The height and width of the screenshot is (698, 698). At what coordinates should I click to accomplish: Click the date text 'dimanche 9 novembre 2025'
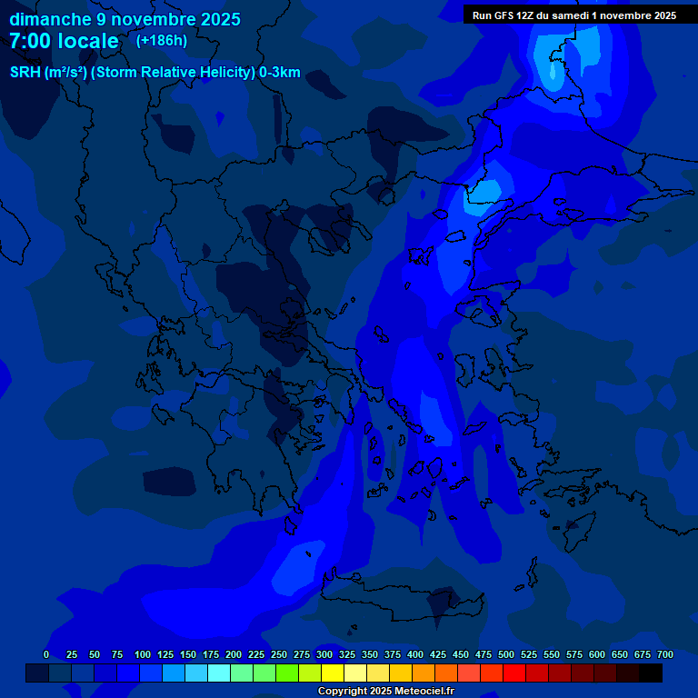pos(125,19)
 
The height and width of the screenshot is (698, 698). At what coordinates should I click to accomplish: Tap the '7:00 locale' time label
pos(64,41)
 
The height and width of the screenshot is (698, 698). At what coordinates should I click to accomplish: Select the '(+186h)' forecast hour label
pos(162,41)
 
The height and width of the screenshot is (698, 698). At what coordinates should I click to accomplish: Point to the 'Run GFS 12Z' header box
pos(574,15)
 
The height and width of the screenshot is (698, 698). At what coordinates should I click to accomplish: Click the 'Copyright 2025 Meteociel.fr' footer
pos(385,692)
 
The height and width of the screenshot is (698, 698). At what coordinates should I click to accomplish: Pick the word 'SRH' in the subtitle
pos(25,73)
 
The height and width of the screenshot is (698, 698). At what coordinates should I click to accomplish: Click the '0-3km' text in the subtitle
pos(279,73)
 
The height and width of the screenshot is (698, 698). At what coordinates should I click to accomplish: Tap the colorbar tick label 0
pos(46,654)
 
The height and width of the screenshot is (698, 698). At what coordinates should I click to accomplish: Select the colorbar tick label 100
pos(143,654)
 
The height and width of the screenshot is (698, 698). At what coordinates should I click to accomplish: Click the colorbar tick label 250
pos(279,654)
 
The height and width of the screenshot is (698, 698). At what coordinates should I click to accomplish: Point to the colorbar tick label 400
pos(415,654)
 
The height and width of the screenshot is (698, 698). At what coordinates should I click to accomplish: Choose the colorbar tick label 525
pos(529,654)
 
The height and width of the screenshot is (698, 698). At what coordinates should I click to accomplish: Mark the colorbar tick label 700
pos(665,654)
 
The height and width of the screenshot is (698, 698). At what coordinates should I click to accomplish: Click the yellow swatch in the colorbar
pos(333,673)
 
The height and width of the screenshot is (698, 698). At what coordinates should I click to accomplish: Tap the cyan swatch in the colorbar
pos(219,673)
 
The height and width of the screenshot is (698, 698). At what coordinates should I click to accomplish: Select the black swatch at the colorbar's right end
pos(651,673)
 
